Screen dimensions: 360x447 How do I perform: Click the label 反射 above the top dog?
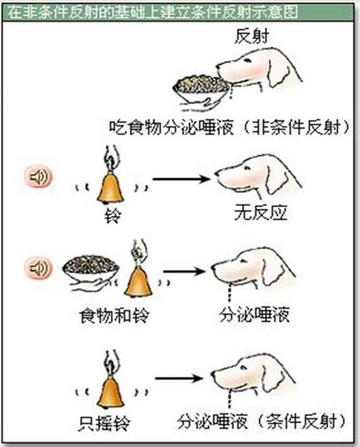[252, 36]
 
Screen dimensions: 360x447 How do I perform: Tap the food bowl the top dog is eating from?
[201, 88]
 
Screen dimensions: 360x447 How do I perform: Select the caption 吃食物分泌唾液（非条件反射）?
[230, 127]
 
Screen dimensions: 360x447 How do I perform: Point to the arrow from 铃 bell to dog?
[181, 179]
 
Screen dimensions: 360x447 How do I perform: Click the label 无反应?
[260, 212]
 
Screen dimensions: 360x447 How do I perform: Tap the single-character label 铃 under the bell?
[113, 216]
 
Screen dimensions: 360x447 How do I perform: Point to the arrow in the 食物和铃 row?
[184, 271]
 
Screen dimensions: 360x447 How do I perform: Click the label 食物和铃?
[115, 316]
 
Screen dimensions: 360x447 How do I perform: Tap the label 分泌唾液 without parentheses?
[254, 315]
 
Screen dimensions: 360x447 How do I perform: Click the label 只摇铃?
[104, 424]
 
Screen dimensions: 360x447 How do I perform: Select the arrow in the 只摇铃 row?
[179, 378]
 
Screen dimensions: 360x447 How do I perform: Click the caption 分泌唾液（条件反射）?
[262, 422]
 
